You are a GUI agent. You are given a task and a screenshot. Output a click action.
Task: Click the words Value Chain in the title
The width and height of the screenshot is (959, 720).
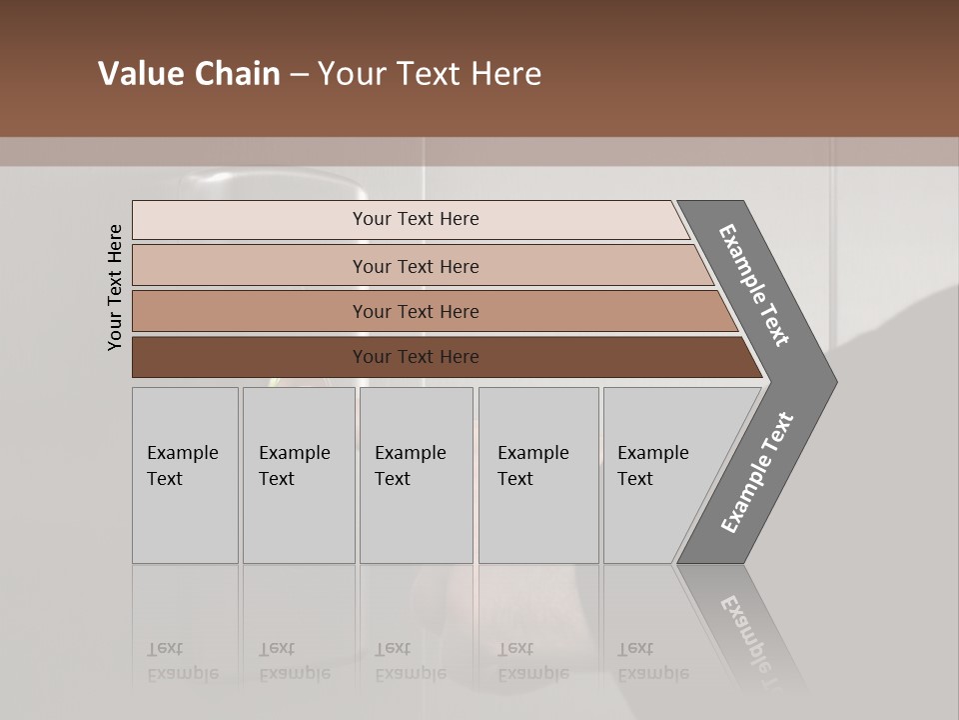tap(189, 74)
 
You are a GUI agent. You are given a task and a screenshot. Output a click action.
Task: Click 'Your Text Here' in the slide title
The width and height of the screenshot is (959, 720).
tap(430, 74)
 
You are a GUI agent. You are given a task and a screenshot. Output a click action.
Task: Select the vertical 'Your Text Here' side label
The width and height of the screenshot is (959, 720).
tap(115, 288)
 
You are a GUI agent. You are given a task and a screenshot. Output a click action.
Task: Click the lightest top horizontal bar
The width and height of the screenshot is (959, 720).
tap(416, 219)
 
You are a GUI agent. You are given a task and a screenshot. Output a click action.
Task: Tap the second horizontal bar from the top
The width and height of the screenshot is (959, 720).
tap(416, 266)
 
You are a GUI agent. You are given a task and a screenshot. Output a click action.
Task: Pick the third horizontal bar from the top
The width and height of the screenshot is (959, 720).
tap(416, 311)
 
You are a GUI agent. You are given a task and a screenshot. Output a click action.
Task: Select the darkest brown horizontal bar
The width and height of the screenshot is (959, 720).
tap(416, 357)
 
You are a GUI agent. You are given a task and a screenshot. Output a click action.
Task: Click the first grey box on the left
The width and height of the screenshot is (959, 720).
tap(185, 475)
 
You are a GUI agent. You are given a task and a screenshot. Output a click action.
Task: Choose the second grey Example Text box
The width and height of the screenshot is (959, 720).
tap(299, 475)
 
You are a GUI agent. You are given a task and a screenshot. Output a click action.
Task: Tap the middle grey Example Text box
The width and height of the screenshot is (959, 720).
tap(416, 475)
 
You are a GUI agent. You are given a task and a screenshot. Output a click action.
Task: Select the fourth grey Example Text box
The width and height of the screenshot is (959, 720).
tap(538, 475)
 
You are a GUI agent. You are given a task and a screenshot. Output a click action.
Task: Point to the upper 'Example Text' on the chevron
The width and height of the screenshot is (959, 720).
tap(754, 285)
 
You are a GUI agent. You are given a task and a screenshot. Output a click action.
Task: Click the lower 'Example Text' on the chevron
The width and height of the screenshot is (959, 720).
tap(756, 473)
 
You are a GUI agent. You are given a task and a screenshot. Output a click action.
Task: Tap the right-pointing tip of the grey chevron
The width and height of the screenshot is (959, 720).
tap(832, 381)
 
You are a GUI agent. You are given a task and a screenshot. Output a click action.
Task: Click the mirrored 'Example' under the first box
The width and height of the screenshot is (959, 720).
tap(182, 673)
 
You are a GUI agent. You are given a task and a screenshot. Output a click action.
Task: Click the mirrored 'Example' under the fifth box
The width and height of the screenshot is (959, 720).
tap(652, 673)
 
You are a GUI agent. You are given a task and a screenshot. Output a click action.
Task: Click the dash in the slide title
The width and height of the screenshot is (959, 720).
tap(298, 74)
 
